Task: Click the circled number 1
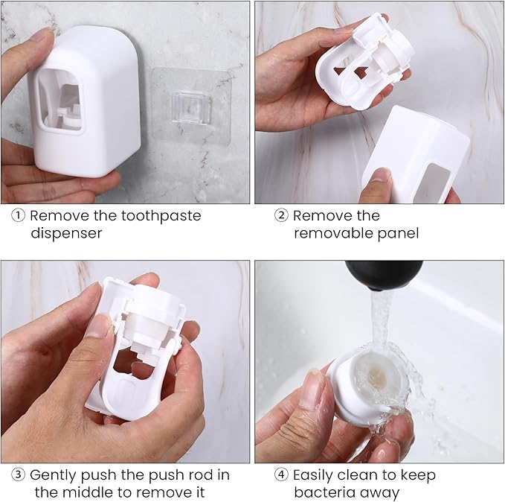(x=17, y=216)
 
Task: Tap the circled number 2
(x=280, y=216)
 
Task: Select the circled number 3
(x=17, y=475)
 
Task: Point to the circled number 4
(x=280, y=475)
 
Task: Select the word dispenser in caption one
(x=66, y=233)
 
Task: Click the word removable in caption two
(x=332, y=233)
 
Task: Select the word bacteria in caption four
(x=324, y=492)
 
